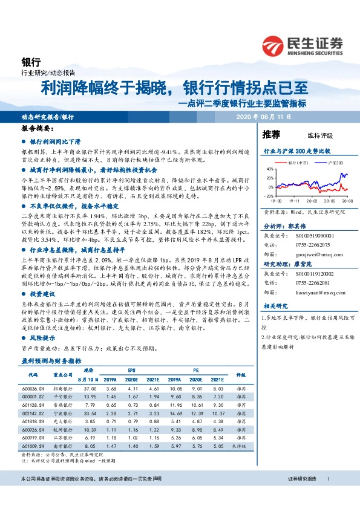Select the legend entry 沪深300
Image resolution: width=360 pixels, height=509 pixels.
point(335,163)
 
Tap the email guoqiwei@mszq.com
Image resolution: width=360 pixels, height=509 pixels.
point(312,254)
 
